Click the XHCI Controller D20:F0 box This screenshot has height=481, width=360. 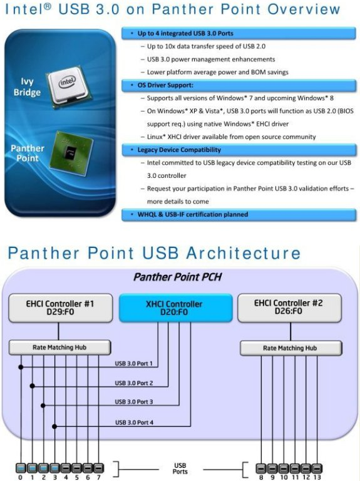175,308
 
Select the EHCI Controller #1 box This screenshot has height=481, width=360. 60,308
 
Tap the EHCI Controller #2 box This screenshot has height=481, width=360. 289,308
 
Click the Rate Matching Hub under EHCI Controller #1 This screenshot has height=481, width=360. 59,347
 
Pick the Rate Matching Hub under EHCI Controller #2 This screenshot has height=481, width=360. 291,348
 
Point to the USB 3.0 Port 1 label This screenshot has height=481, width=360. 134,363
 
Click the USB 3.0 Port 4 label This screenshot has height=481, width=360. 135,422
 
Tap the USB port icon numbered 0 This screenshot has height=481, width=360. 21,468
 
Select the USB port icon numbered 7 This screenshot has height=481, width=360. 98,468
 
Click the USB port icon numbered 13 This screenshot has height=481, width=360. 317,468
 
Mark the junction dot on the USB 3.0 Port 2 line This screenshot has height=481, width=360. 32,386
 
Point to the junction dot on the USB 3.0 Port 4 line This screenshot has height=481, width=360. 54,427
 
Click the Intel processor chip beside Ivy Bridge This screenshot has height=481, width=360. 66,86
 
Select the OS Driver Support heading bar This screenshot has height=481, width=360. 239,85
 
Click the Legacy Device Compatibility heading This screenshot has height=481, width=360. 179,150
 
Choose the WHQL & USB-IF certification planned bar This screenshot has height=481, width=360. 239,214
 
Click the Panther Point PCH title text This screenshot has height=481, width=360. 178,277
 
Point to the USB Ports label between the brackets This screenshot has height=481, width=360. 180,468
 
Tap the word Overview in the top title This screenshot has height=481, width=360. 304,9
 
